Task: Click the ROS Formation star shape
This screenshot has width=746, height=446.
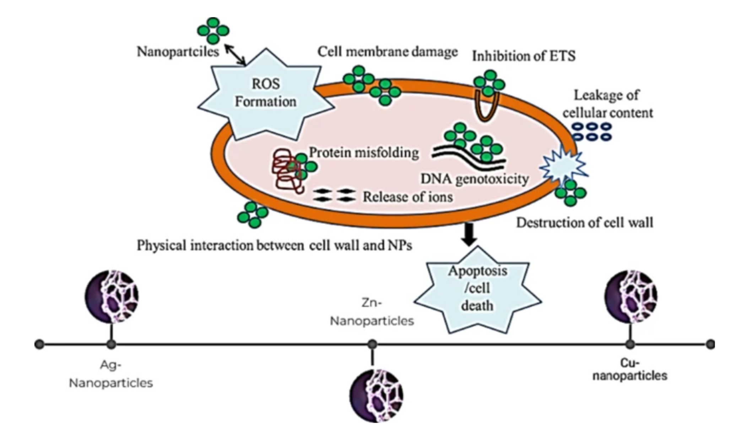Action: click(x=266, y=94)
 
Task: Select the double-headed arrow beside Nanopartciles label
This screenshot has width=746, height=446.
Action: click(x=235, y=55)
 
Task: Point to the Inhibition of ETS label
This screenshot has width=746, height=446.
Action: click(x=524, y=56)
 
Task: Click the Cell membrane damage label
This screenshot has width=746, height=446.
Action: click(x=387, y=52)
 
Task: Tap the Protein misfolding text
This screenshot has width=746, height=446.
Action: click(x=364, y=153)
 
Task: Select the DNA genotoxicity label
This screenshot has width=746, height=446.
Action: click(x=475, y=179)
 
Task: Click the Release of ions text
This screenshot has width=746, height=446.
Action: click(x=407, y=197)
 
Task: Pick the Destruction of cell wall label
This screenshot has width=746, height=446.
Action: click(x=584, y=223)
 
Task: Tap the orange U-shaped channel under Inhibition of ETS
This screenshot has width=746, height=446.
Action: click(x=486, y=107)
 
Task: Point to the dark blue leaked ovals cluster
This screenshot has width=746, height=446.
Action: click(x=591, y=131)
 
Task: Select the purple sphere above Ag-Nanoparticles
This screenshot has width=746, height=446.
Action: click(x=112, y=297)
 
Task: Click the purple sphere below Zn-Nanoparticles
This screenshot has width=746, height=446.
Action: click(x=376, y=395)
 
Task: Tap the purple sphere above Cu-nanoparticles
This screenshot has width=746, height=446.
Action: click(x=631, y=297)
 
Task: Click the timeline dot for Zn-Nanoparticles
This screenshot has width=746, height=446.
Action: click(x=372, y=344)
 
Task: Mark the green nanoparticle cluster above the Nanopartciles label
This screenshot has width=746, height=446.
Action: click(x=213, y=31)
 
